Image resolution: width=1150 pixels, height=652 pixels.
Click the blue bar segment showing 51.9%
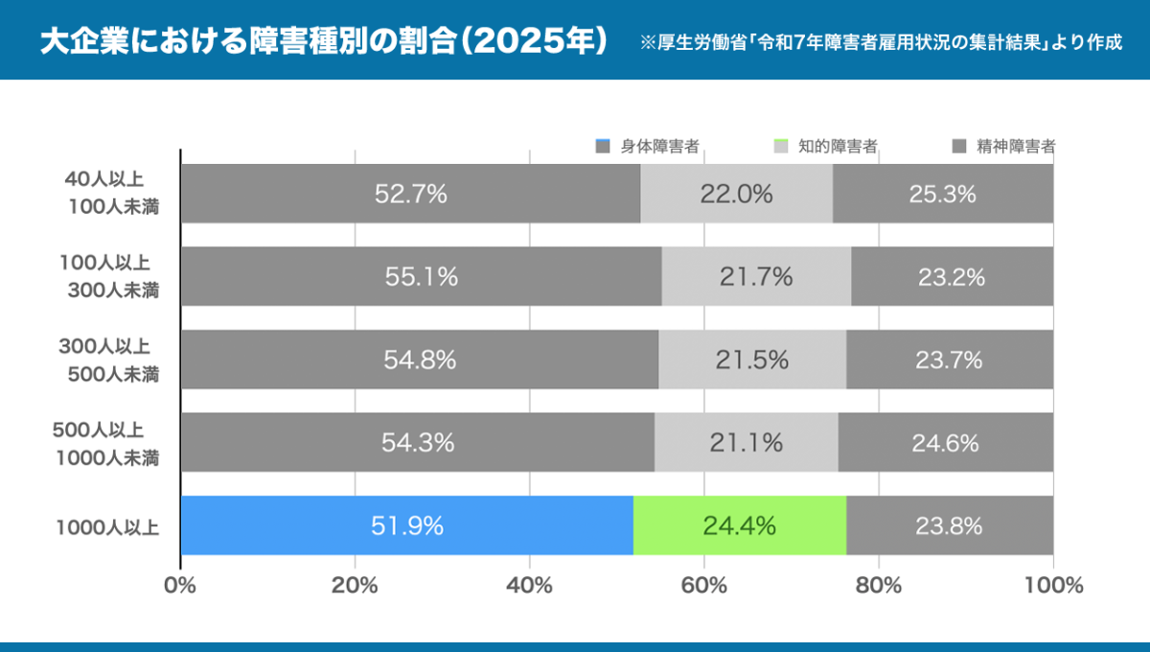click(406, 525)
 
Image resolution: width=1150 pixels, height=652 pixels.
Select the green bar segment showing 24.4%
click(739, 525)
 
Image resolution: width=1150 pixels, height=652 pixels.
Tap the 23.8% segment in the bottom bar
click(950, 525)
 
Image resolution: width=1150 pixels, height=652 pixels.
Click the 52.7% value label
click(411, 194)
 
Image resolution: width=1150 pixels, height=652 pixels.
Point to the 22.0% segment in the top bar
click(736, 194)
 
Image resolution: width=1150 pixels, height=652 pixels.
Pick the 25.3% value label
click(942, 194)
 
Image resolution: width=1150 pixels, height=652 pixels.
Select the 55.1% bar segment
click(421, 277)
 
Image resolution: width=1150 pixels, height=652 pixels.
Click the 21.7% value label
click(756, 277)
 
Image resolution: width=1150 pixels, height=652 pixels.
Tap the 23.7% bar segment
click(950, 361)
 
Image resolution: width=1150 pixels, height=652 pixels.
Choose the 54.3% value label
click(418, 443)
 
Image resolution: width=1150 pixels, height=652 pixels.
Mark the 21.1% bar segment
click(747, 443)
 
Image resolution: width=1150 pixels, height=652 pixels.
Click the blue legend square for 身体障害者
click(603, 147)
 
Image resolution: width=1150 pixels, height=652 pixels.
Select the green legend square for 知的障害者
click(780, 147)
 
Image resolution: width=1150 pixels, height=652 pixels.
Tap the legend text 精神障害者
click(1016, 147)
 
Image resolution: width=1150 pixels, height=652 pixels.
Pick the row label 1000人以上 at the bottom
click(106, 525)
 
